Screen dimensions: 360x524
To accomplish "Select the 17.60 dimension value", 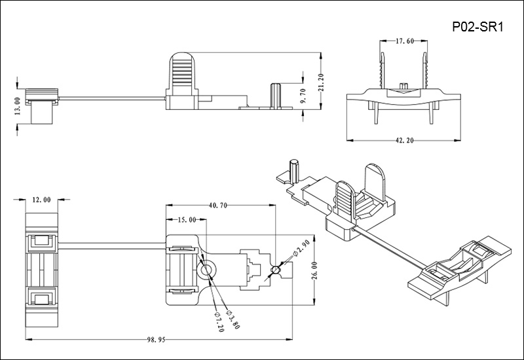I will tap(403, 41).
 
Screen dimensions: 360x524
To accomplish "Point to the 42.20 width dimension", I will tap(402, 139).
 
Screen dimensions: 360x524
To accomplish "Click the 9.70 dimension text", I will tap(302, 95).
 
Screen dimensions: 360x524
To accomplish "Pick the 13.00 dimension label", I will tap(17, 105).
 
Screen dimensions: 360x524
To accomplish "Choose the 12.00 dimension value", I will tap(42, 199).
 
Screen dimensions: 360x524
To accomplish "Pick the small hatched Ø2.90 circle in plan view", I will tap(277, 270).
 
